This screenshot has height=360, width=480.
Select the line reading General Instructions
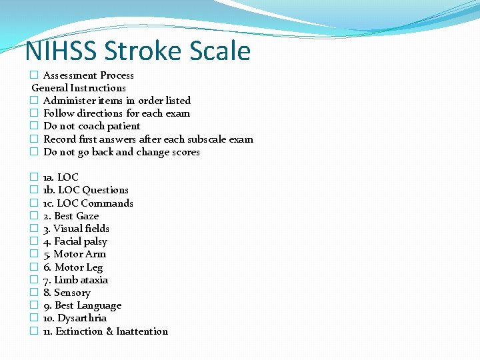(x=79, y=88)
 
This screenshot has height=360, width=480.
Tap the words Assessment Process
(x=88, y=75)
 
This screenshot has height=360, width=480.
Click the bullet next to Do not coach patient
(x=34, y=126)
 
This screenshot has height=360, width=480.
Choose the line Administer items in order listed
(x=117, y=101)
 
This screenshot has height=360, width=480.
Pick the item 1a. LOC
(x=61, y=177)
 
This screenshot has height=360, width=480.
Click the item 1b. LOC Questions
(x=85, y=190)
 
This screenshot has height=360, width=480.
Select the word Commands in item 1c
(x=109, y=203)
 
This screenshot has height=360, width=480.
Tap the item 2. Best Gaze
(x=71, y=216)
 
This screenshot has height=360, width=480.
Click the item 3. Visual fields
(x=76, y=229)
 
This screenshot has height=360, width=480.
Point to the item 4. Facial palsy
(x=75, y=241)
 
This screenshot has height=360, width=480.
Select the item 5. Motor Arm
(x=75, y=254)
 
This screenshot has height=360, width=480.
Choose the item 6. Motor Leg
(x=73, y=267)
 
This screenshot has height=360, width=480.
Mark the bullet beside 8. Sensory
(x=34, y=293)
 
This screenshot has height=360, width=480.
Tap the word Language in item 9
(x=99, y=305)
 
